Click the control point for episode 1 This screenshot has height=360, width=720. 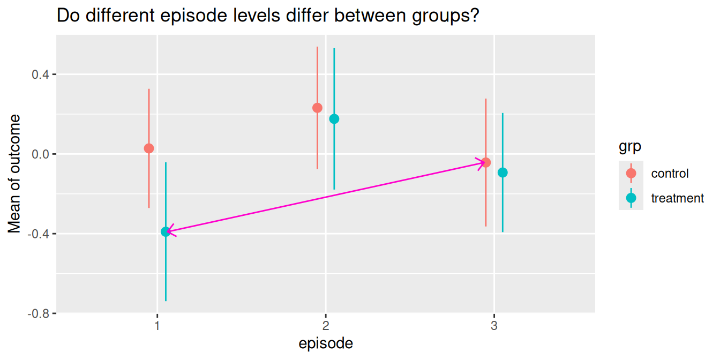[149, 148]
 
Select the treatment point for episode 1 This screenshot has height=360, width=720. [166, 231]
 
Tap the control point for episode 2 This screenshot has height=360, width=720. [317, 108]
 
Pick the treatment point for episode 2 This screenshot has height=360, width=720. [334, 119]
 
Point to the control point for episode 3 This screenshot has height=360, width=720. [486, 162]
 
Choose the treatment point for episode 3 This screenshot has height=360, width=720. [502, 172]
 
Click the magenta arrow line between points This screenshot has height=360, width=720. [326, 197]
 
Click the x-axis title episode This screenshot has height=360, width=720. [326, 343]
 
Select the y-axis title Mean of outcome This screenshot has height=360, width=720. [15, 174]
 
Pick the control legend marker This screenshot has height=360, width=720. [631, 173]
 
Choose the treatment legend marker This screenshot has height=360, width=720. [631, 198]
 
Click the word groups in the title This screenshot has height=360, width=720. [442, 17]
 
